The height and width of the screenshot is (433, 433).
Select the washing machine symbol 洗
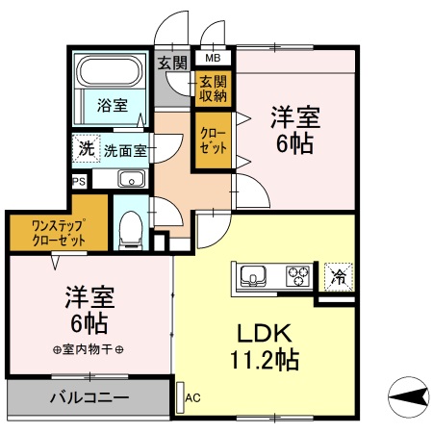[86, 149]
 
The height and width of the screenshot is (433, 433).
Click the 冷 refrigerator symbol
[338, 275]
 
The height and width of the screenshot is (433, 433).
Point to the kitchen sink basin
[253, 276]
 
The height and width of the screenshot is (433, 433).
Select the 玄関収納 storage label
[212, 89]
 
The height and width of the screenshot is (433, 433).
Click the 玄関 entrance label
[173, 64]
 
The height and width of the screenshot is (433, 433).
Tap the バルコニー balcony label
[89, 396]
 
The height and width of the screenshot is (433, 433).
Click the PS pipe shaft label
[77, 180]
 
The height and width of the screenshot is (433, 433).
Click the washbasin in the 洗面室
[131, 179]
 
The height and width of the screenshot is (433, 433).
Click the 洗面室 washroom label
[125, 150]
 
